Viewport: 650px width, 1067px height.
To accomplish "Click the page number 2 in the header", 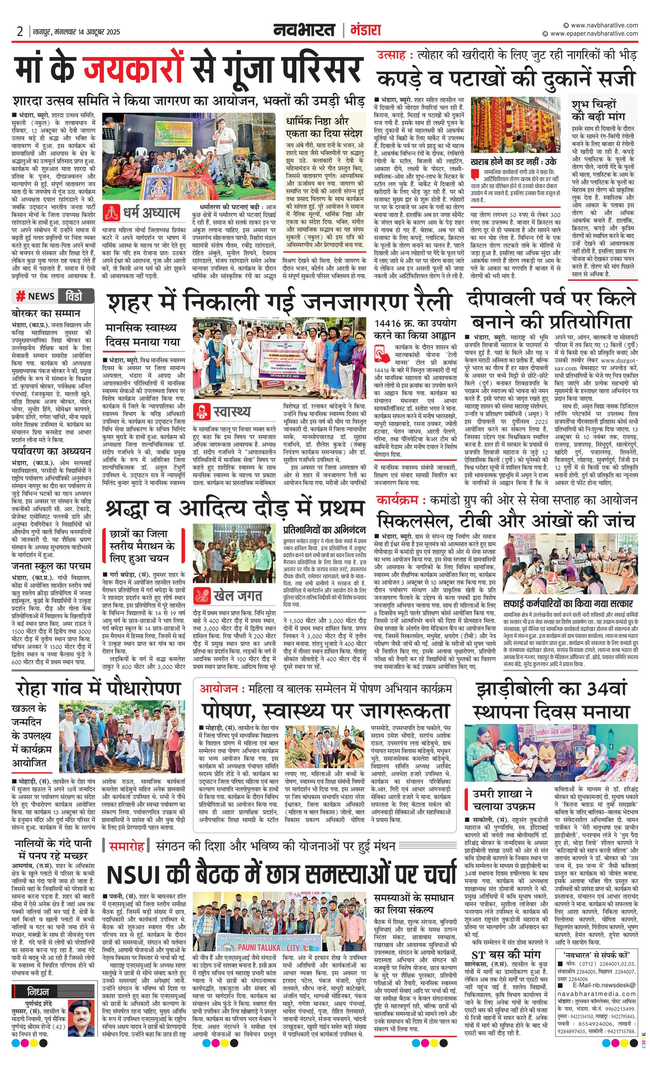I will pyautogui.click(x=20, y=32).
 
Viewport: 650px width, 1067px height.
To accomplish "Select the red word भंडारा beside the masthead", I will pyautogui.click(x=365, y=31).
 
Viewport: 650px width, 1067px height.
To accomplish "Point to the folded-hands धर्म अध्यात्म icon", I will pyautogui.click(x=112, y=213).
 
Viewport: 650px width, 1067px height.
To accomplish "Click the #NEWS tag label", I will pyautogui.click(x=36, y=296).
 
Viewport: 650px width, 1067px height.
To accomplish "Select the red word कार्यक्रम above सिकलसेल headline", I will pyautogui.click(x=397, y=500).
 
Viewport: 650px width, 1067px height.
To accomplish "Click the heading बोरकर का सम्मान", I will pyautogui.click(x=46, y=313).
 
